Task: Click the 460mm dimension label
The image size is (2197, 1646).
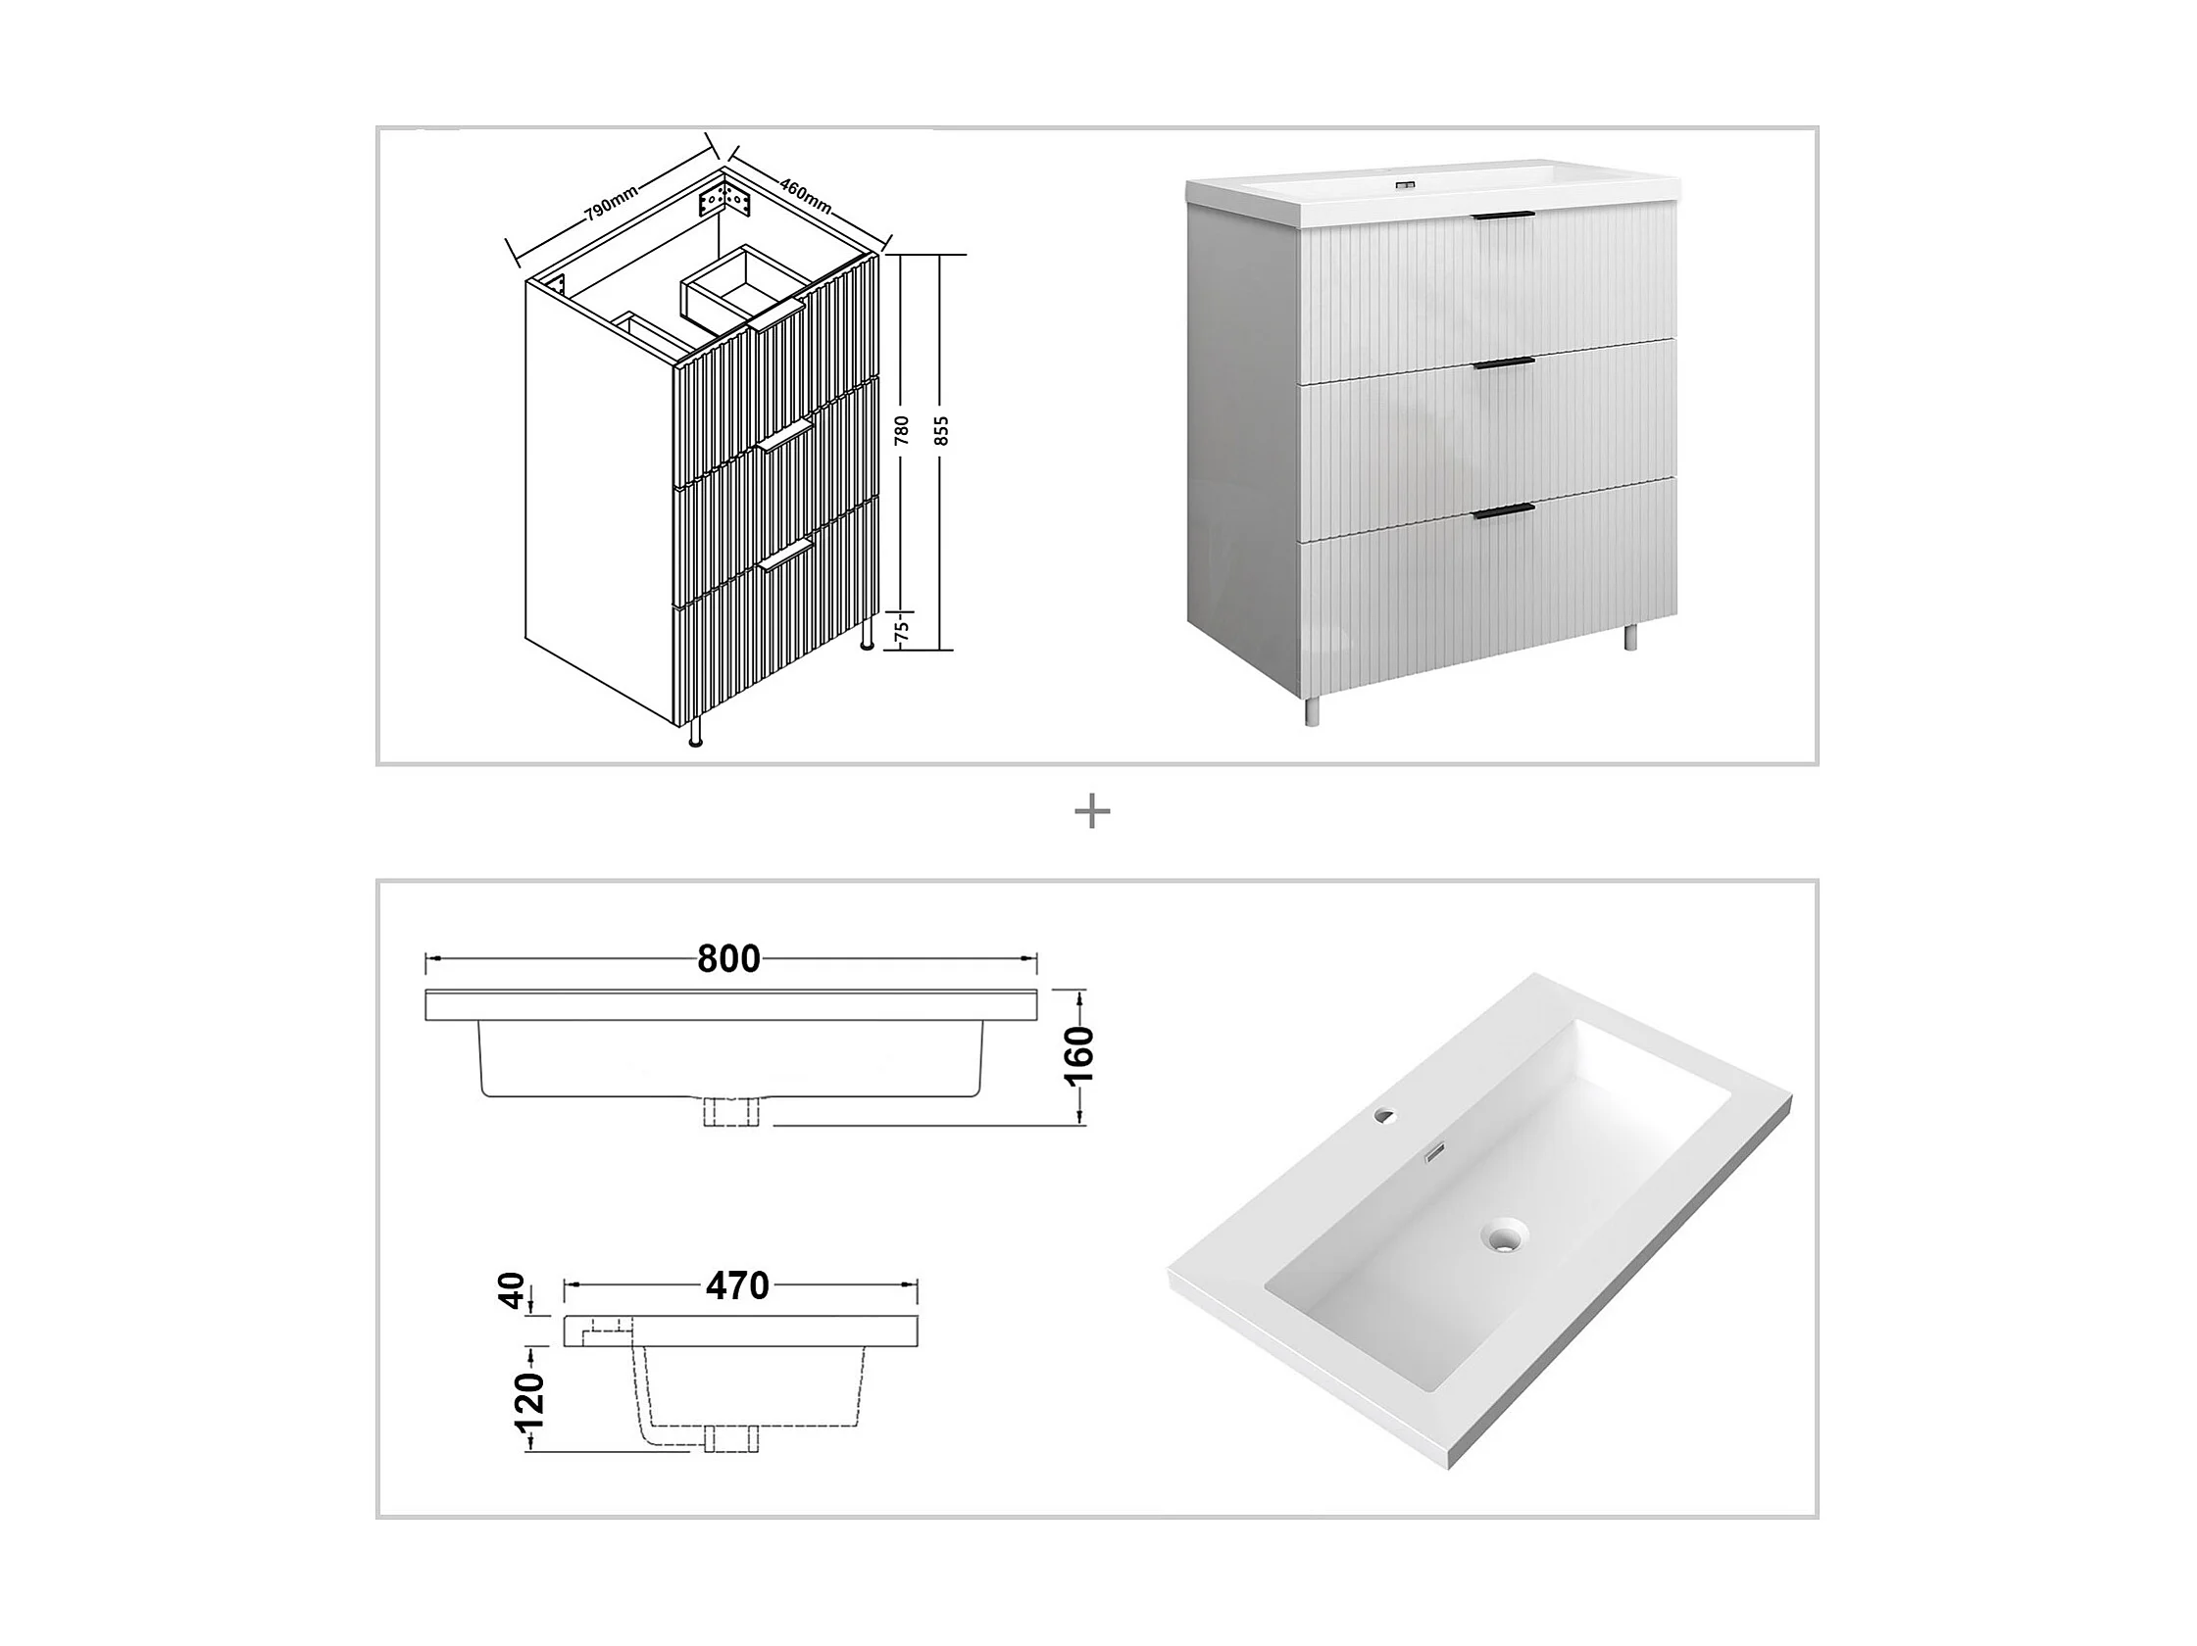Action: pyautogui.click(x=806, y=195)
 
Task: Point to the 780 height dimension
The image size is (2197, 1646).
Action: pyautogui.click(x=902, y=429)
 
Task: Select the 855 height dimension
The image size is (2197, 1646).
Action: pyautogui.click(x=942, y=429)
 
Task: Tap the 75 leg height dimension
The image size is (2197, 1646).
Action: pyautogui.click(x=903, y=630)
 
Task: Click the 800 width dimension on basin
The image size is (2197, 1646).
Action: pyautogui.click(x=729, y=959)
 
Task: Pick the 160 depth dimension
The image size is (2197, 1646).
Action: pyautogui.click(x=1079, y=1056)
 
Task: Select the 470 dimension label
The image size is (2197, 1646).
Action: pyautogui.click(x=738, y=1286)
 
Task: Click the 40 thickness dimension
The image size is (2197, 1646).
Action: pyautogui.click(x=513, y=1290)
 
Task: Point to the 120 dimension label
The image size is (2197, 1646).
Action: pyautogui.click(x=530, y=1399)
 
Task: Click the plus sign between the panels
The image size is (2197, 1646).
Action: pyautogui.click(x=1092, y=813)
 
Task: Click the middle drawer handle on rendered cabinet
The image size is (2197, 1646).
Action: pyautogui.click(x=1505, y=365)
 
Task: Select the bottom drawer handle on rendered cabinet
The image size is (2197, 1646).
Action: pyautogui.click(x=1505, y=510)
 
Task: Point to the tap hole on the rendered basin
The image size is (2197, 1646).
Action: pyautogui.click(x=1383, y=1115)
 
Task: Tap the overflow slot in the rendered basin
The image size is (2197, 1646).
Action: pyautogui.click(x=1433, y=1152)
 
